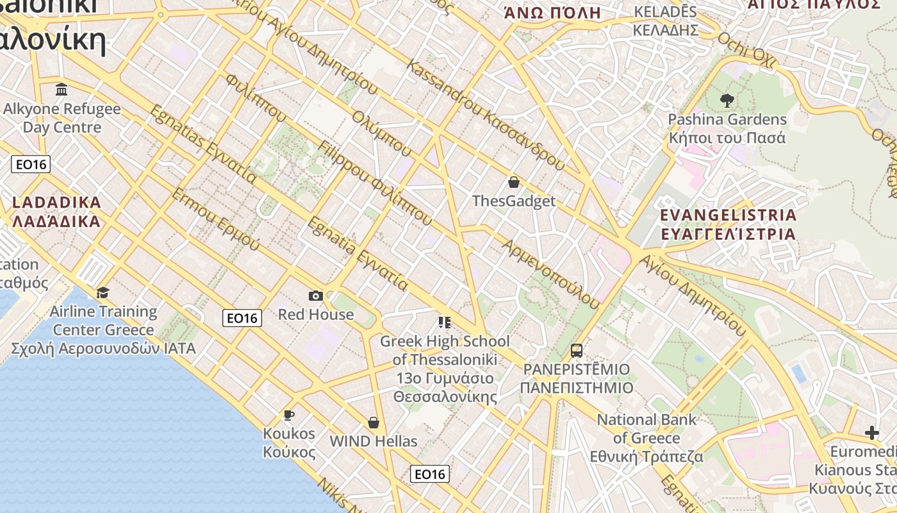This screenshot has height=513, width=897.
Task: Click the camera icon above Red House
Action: pos(315,296)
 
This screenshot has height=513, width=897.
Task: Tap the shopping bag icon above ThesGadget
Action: pos(513,182)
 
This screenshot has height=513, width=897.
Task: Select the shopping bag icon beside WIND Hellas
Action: pos(374,423)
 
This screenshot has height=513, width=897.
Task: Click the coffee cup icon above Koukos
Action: pos(289,415)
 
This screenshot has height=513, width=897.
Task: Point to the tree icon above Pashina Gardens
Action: pos(727,100)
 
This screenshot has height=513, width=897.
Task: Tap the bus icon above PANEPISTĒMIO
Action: pos(577,350)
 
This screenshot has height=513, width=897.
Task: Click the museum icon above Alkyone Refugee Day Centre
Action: pos(62,89)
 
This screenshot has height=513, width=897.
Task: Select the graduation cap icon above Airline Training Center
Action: pos(103,293)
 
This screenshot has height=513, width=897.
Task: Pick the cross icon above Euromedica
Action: pos(871,433)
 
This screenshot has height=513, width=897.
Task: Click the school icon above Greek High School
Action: pos(445,322)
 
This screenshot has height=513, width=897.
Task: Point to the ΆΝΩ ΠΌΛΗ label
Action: pos(552,13)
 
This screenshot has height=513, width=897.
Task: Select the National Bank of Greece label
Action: pos(647,439)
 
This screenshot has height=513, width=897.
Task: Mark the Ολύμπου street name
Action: pos(382,133)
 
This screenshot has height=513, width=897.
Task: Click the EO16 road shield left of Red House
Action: pos(242,317)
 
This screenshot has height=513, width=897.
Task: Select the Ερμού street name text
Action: pos(215,219)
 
